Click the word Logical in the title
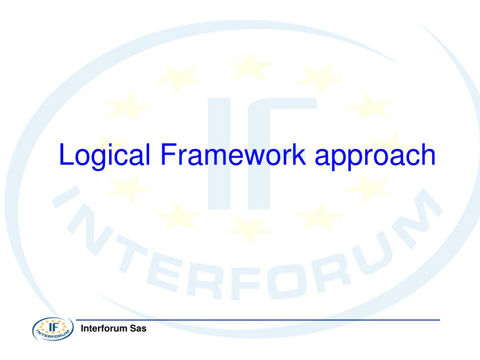point(104,156)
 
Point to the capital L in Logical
point(65,155)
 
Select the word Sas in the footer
point(138,329)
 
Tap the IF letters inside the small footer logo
point(52,325)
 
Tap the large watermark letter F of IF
point(286,150)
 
